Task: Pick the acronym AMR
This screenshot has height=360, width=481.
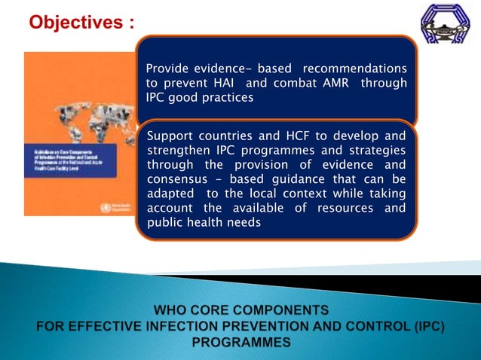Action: (331, 83)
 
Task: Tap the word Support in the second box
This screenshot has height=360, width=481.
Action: (173, 136)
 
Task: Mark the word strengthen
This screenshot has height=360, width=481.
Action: (179, 151)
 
